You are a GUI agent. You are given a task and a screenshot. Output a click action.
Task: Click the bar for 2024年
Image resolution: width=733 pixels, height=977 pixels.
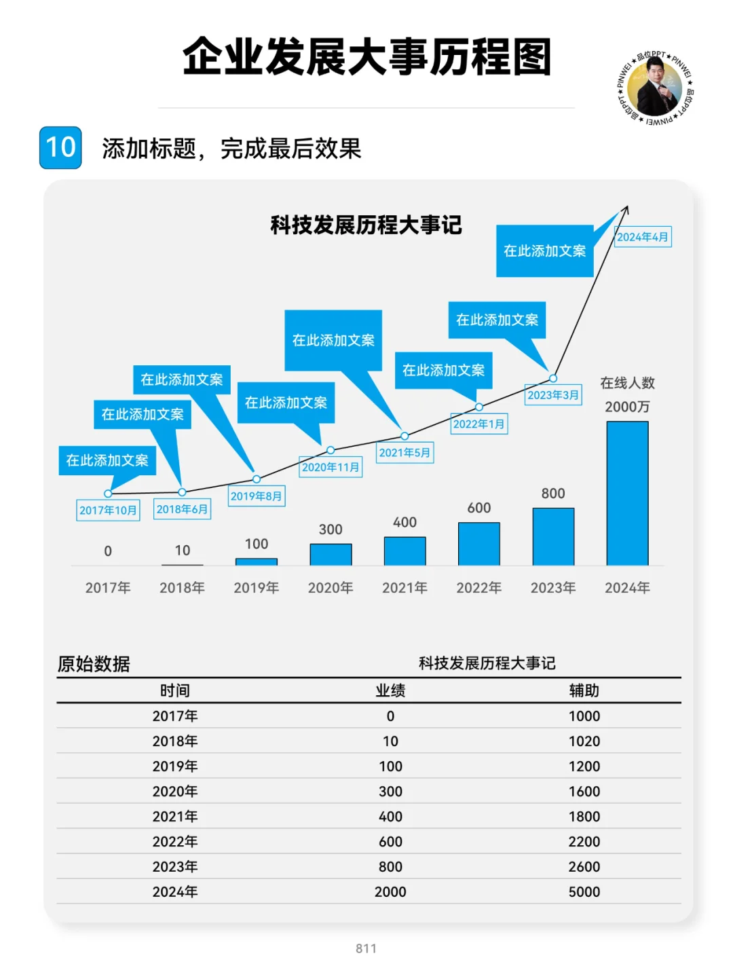[627, 494]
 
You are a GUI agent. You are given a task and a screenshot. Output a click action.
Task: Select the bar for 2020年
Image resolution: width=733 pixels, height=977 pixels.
[331, 555]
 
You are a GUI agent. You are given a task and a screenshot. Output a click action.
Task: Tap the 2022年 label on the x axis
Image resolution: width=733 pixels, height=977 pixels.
[478, 588]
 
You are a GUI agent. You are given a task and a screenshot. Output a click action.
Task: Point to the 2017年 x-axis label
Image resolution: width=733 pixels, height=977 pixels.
[108, 588]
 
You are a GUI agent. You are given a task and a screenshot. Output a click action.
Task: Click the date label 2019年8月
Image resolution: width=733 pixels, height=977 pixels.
[256, 496]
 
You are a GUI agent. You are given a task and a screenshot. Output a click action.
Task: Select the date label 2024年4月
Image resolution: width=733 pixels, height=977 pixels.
[643, 237]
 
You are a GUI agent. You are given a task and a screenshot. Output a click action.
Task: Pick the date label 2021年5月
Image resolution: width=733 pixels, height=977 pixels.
[405, 453]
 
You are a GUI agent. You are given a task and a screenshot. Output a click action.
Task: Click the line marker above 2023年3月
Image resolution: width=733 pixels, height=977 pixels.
[553, 378]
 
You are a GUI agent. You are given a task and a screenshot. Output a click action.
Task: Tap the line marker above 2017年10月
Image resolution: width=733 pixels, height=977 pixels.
[108, 494]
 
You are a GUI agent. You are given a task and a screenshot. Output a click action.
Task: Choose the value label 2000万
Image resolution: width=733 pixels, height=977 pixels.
[627, 407]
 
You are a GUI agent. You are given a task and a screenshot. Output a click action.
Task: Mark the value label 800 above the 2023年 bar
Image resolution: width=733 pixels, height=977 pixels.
[553, 494]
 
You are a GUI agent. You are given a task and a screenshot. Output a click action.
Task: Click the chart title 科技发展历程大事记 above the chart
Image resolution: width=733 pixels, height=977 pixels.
[366, 225]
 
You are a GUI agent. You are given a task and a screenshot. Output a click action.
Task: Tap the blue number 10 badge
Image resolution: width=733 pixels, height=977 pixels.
[60, 147]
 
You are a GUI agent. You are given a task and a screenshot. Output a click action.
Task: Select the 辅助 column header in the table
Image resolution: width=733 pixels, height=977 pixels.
[584, 690]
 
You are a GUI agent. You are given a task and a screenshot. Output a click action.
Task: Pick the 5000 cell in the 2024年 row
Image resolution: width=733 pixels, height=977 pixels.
[584, 891]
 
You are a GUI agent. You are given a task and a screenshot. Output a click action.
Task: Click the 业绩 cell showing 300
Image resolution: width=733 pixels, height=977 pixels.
[390, 791]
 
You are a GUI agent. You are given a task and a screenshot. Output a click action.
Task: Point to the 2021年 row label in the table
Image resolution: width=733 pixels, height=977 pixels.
[175, 816]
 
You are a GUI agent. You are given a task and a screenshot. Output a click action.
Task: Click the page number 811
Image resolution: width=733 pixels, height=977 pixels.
[366, 948]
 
